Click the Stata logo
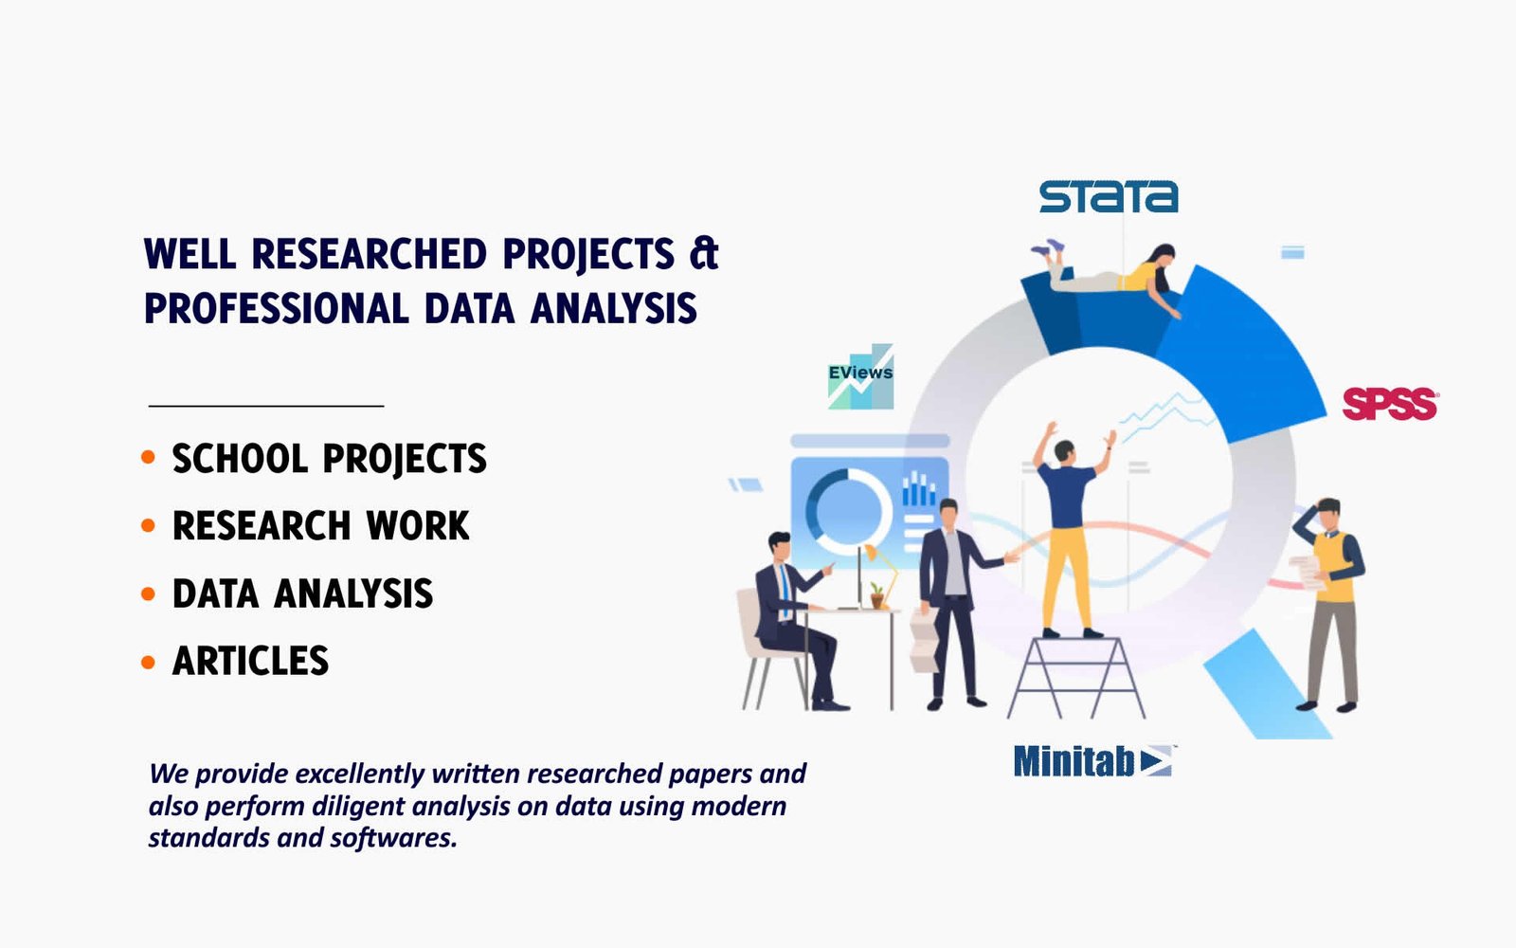point(1109,196)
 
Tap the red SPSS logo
point(1390,404)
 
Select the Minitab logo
point(1093,761)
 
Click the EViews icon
point(860,376)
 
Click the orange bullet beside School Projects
point(148,457)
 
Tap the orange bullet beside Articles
point(148,662)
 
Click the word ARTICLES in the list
point(250,661)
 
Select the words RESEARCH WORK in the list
point(321,525)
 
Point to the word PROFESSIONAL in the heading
point(276,309)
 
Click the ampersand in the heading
point(704,253)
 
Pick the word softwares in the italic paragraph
point(393,838)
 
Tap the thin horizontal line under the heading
point(266,406)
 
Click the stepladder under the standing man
point(1076,677)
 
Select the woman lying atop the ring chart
point(1110,274)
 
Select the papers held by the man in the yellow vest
point(1308,573)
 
